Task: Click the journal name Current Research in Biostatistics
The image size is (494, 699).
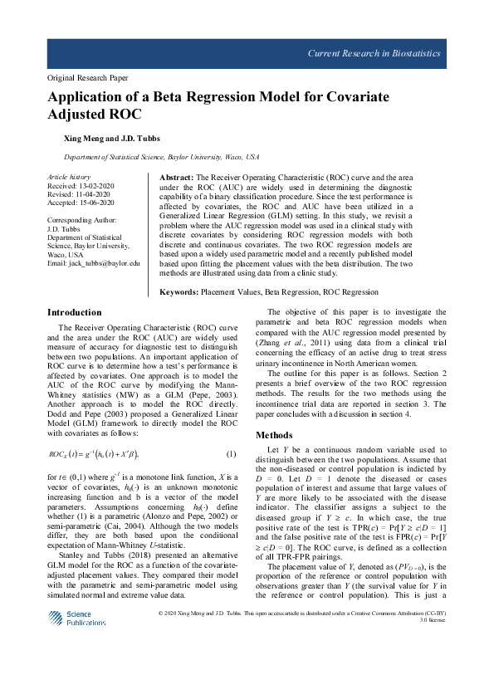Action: (x=374, y=54)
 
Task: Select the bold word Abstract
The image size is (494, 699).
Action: (x=175, y=178)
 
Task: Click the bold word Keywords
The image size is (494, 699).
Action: (x=179, y=293)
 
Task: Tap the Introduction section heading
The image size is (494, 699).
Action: (x=75, y=312)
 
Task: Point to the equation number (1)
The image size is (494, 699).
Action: (x=232, y=454)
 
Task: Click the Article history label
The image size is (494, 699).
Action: (x=68, y=177)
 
